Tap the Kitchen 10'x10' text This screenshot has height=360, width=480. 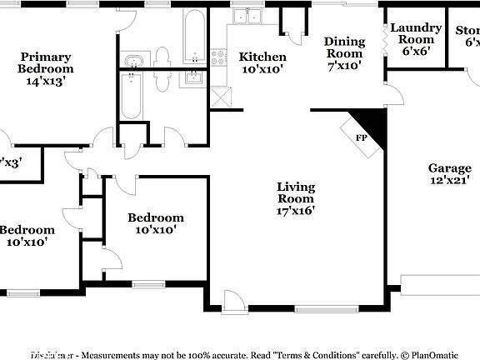pyautogui.click(x=262, y=63)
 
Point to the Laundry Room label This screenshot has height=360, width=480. pyautogui.click(x=415, y=39)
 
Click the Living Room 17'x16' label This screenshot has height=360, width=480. pyautogui.click(x=296, y=198)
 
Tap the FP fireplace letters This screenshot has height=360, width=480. pyautogui.click(x=361, y=137)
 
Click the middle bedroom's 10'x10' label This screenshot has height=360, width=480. pyautogui.click(x=155, y=223)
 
